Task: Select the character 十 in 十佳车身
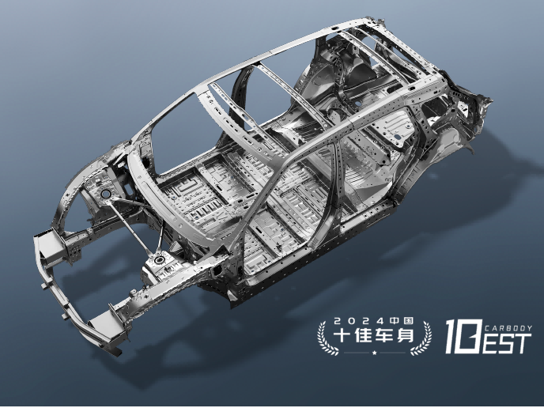342,335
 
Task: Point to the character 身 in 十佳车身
405,335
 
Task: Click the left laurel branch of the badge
326,338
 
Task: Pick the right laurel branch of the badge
422,338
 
